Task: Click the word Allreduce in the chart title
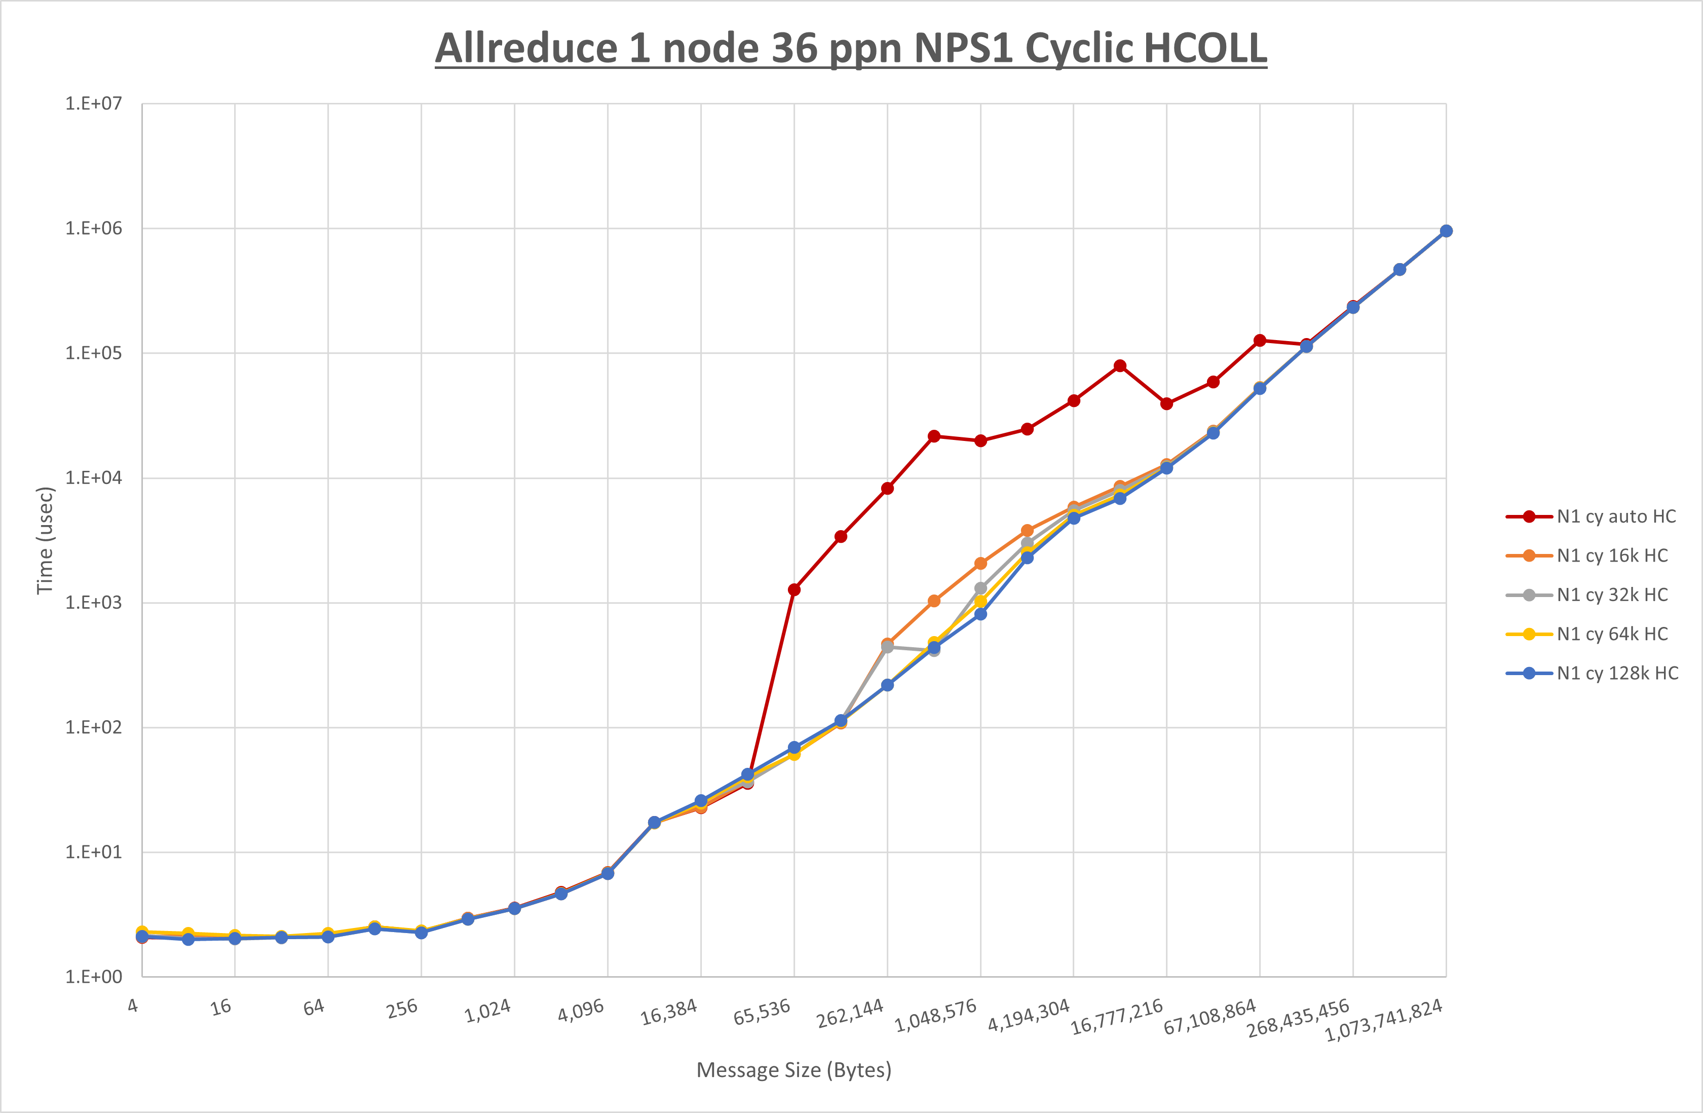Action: coord(526,49)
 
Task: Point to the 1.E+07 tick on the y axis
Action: coord(94,104)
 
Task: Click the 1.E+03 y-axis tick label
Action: coord(94,603)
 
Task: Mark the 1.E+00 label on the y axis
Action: coord(94,977)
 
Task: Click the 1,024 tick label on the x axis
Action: coord(488,1011)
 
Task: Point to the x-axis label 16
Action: coord(221,1007)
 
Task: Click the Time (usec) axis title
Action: coord(45,540)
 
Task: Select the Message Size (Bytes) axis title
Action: coord(793,1070)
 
